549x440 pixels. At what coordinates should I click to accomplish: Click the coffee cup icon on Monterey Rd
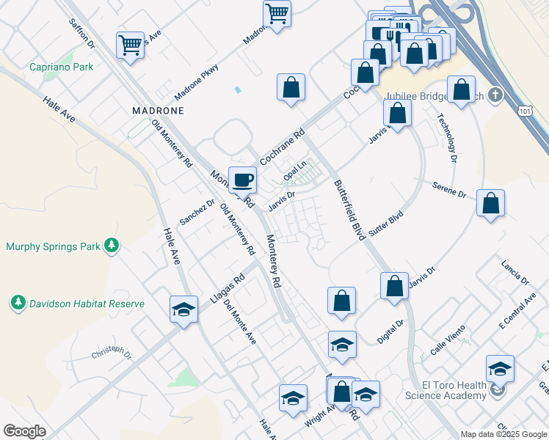pyautogui.click(x=242, y=180)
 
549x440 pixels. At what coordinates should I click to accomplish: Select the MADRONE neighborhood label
pyautogui.click(x=157, y=110)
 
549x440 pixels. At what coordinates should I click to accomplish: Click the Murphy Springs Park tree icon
pyautogui.click(x=111, y=246)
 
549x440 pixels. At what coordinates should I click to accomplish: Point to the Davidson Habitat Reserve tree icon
pyautogui.click(x=18, y=302)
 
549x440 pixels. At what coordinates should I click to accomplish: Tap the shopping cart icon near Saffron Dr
pyautogui.click(x=130, y=45)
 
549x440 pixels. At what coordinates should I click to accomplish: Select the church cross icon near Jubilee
pyautogui.click(x=495, y=95)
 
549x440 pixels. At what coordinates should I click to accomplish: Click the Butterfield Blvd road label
pyautogui.click(x=349, y=210)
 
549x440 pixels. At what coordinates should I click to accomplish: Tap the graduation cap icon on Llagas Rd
pyautogui.click(x=183, y=310)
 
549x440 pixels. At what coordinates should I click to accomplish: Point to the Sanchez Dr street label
pyautogui.click(x=197, y=213)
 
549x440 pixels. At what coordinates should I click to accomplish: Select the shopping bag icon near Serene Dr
pyautogui.click(x=490, y=205)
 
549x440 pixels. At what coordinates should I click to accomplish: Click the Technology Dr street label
pyautogui.click(x=447, y=137)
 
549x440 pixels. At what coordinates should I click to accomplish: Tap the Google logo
pyautogui.click(x=24, y=431)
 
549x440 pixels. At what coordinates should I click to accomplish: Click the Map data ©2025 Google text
pyautogui.click(x=503, y=434)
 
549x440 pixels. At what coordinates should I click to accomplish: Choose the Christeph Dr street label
pyautogui.click(x=111, y=354)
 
